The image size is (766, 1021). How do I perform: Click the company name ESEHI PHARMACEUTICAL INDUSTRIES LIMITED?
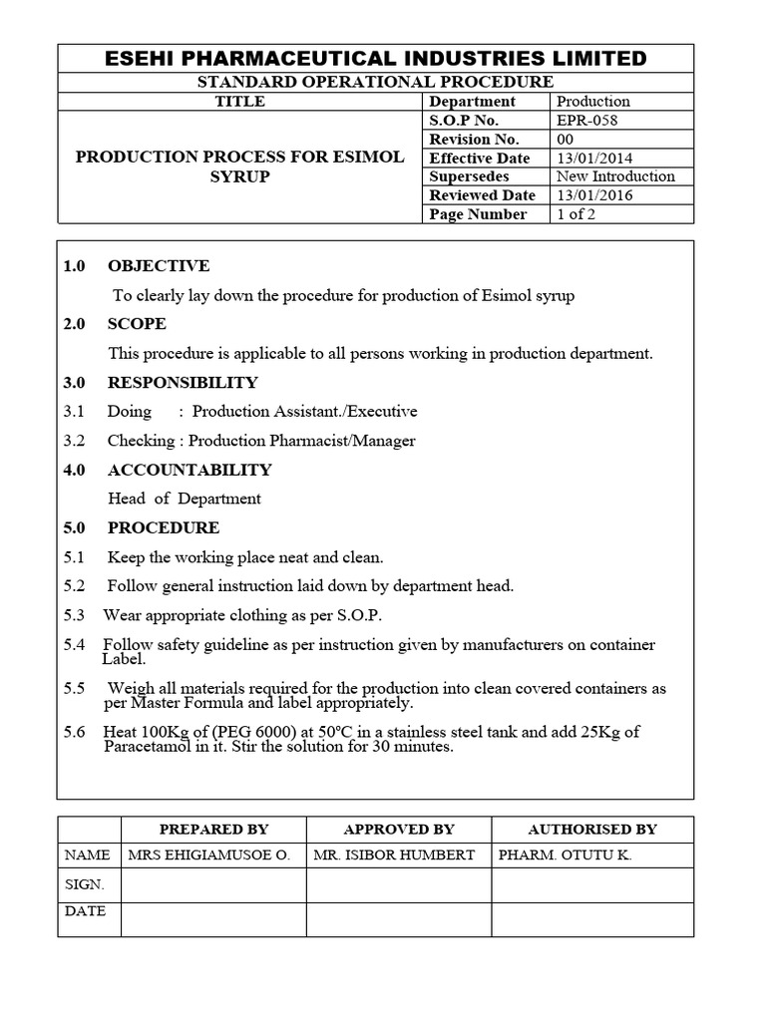(x=376, y=59)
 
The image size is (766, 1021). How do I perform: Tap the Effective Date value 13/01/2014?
(x=594, y=158)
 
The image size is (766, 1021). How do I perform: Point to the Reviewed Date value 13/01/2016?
(x=594, y=195)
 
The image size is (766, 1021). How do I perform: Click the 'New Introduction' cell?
(x=615, y=176)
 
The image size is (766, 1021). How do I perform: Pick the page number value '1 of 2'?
(x=575, y=214)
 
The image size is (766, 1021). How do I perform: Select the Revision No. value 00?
(x=566, y=139)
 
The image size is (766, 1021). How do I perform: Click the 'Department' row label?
(x=473, y=101)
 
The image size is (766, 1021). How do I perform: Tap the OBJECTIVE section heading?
(x=159, y=266)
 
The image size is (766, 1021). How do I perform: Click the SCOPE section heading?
(x=137, y=324)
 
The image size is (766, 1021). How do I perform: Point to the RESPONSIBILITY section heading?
(x=183, y=382)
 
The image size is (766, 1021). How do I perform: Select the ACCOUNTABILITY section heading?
(x=190, y=470)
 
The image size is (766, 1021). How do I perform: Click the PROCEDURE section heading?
(x=164, y=527)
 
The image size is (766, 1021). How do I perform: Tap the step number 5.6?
(x=75, y=732)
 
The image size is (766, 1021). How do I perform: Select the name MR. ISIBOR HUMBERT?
(x=394, y=855)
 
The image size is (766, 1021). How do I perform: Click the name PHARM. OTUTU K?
(x=566, y=855)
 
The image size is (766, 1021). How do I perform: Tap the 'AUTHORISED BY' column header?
(x=592, y=829)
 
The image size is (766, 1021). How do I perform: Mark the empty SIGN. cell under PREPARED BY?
(x=213, y=884)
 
